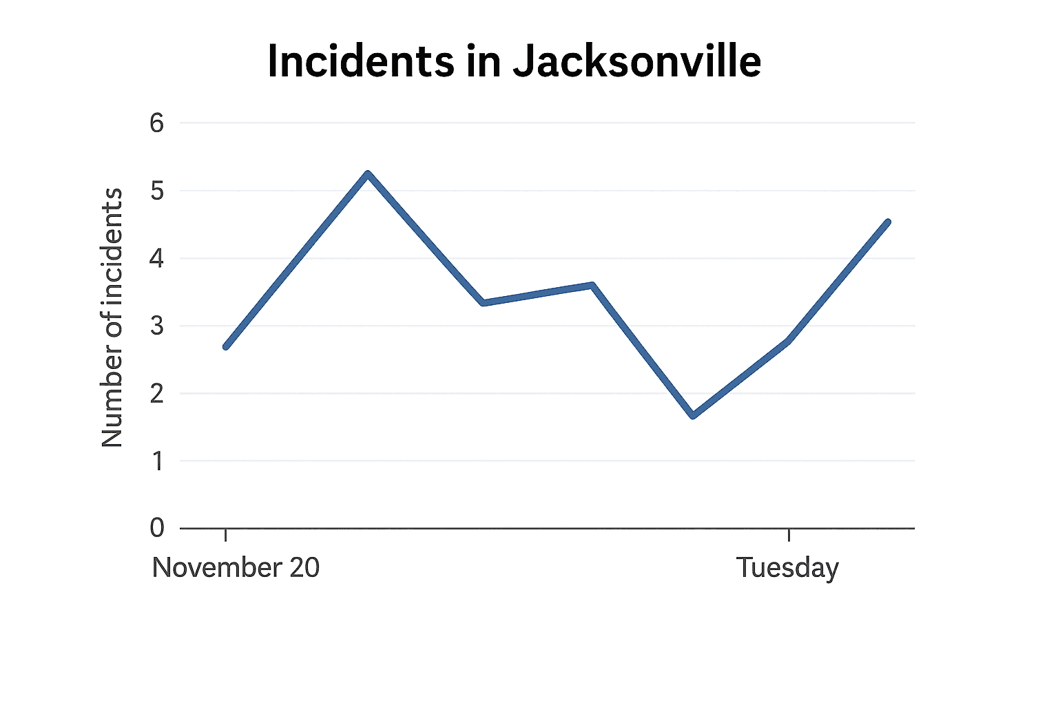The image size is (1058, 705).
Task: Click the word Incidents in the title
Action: pyautogui.click(x=361, y=61)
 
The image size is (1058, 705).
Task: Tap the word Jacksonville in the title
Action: pyautogui.click(x=636, y=61)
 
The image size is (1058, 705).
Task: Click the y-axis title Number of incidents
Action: pyautogui.click(x=112, y=317)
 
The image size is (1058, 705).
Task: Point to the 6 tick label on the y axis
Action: pyautogui.click(x=157, y=123)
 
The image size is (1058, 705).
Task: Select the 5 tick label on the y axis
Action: pyautogui.click(x=157, y=191)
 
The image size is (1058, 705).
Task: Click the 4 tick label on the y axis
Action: pyautogui.click(x=157, y=259)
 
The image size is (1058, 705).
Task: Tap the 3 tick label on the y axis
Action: pyautogui.click(x=157, y=326)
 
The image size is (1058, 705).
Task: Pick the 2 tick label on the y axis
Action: pyautogui.click(x=157, y=394)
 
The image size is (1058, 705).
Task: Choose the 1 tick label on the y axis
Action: pyautogui.click(x=158, y=461)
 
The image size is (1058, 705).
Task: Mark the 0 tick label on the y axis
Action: pyautogui.click(x=157, y=528)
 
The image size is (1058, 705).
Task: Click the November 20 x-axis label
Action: pyautogui.click(x=236, y=567)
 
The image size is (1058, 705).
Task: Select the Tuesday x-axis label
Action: pyautogui.click(x=787, y=568)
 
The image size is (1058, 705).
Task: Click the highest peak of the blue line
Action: pyautogui.click(x=368, y=174)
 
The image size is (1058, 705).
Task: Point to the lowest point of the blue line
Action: pyautogui.click(x=692, y=416)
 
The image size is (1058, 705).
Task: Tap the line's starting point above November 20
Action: pyautogui.click(x=226, y=346)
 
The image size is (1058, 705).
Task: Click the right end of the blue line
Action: pyautogui.click(x=888, y=222)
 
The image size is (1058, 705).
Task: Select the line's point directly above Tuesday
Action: pyautogui.click(x=788, y=340)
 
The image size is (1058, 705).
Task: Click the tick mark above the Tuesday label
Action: pyautogui.click(x=788, y=534)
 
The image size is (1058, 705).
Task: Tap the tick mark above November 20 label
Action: pyautogui.click(x=226, y=534)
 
